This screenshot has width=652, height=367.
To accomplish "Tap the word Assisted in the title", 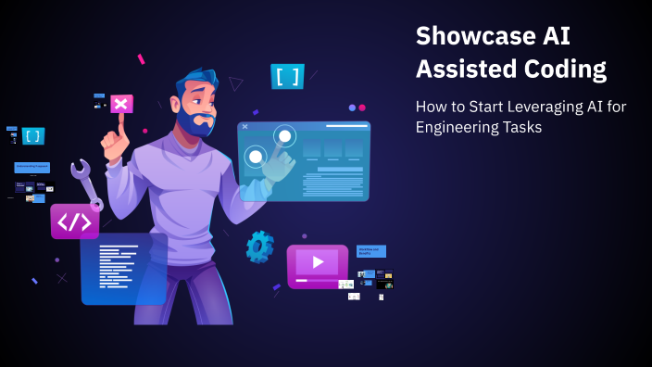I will [467, 70].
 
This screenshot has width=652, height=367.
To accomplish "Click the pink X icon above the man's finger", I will [120, 103].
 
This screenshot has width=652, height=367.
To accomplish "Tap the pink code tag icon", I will [74, 221].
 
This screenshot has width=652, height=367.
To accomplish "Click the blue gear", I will [259, 246].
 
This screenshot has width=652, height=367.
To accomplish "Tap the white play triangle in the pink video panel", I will [318, 262].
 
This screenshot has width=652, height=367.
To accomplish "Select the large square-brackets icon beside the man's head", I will [287, 76].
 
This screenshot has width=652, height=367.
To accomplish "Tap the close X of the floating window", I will [244, 126].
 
